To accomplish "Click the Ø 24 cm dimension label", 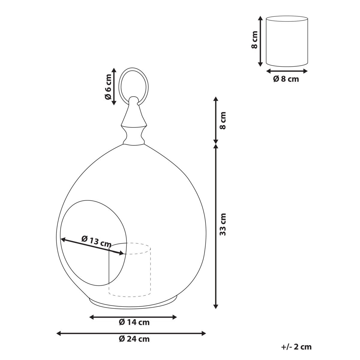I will [x=134, y=339].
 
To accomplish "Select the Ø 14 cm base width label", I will [x=134, y=322].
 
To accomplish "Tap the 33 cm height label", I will [x=222, y=224].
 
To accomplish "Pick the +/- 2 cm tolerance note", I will [x=296, y=347].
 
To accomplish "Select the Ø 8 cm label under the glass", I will [x=286, y=79].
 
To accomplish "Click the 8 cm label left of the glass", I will [x=254, y=40].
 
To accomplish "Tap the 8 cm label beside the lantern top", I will [x=222, y=120].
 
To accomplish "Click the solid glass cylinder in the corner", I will [x=287, y=41].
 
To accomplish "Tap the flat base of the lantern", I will [x=133, y=303].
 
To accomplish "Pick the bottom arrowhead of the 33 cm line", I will [x=215, y=306].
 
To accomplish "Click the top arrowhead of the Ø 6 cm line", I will [x=114, y=70].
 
